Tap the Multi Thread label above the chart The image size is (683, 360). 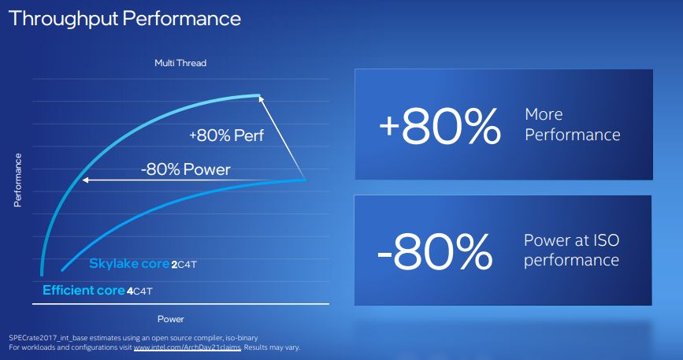click(180, 62)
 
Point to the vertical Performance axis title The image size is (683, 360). click(17, 180)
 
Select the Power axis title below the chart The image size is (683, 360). click(170, 319)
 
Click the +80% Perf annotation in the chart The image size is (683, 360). click(226, 135)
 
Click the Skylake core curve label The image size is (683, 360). click(128, 264)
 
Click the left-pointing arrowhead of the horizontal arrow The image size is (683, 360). click(83, 180)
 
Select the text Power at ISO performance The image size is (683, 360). click(571, 250)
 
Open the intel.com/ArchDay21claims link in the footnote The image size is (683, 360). click(186, 347)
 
